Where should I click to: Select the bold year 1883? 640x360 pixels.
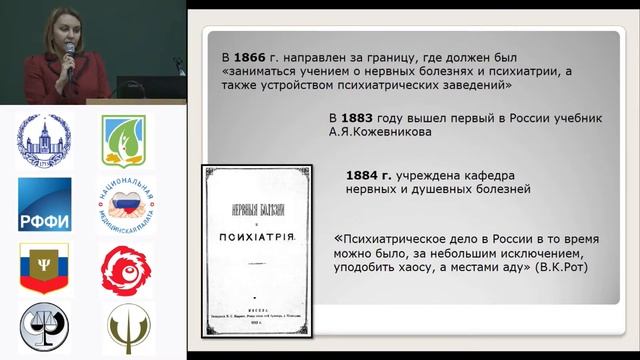[366, 118]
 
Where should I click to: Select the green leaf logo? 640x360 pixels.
[121, 141]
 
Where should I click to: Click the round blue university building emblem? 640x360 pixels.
[43, 141]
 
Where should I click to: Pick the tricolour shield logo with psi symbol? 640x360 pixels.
[42, 268]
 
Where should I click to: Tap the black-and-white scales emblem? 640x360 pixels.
[43, 328]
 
